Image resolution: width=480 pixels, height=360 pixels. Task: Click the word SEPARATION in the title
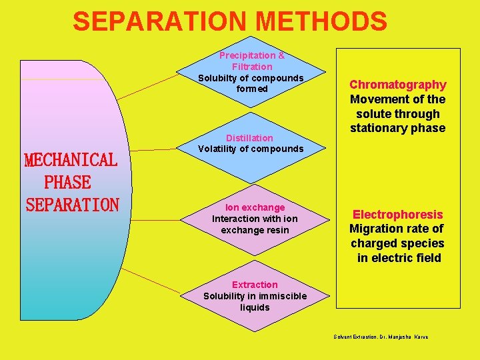pyautogui.click(x=160, y=21)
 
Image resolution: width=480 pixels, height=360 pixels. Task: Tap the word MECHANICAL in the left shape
pyautogui.click(x=71, y=160)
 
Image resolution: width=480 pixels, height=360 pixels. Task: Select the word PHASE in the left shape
pyautogui.click(x=67, y=182)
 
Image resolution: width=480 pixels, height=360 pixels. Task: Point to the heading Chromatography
pyautogui.click(x=398, y=85)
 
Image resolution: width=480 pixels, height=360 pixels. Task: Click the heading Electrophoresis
pyautogui.click(x=397, y=214)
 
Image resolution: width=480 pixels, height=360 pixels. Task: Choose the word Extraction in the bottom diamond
pyautogui.click(x=255, y=285)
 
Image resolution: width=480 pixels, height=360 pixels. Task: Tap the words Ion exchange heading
pyautogui.click(x=255, y=207)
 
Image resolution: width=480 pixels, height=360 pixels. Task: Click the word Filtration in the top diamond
pyautogui.click(x=252, y=67)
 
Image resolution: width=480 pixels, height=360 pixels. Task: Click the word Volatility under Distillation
pyautogui.click(x=219, y=149)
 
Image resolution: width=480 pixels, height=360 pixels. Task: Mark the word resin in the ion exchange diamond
pyautogui.click(x=277, y=230)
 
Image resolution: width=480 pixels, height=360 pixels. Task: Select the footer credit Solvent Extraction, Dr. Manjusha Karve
pyautogui.click(x=381, y=337)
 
